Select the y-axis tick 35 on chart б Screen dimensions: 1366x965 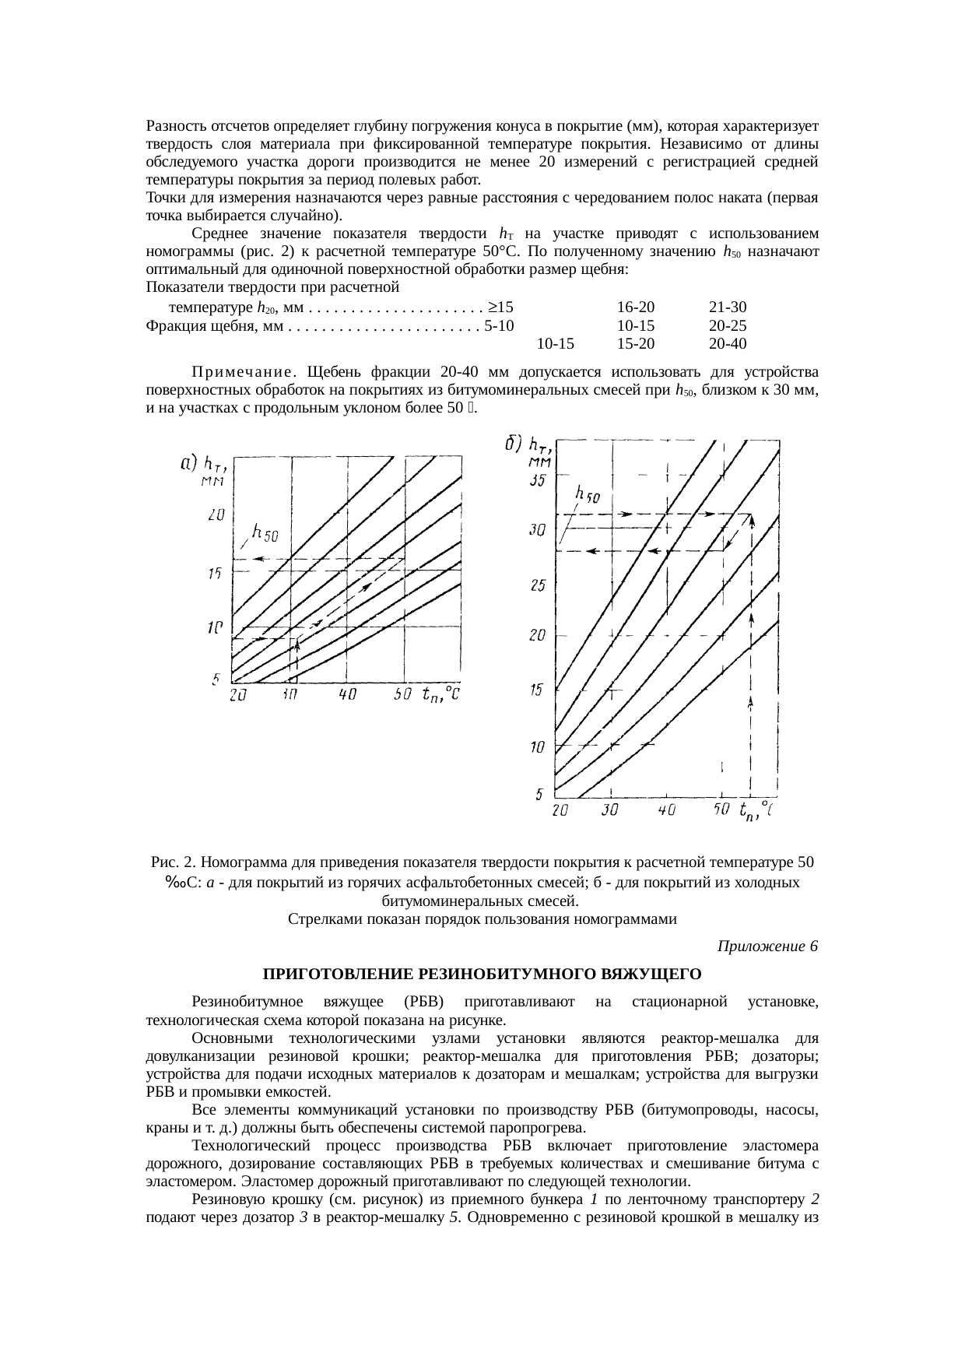coord(537,481)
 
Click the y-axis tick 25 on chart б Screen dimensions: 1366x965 coord(537,585)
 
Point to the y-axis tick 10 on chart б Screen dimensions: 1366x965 coord(537,747)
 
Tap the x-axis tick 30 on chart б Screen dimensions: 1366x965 coord(610,810)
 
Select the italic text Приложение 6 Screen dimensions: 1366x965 coord(767,946)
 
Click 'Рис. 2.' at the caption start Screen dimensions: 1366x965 coord(174,862)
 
